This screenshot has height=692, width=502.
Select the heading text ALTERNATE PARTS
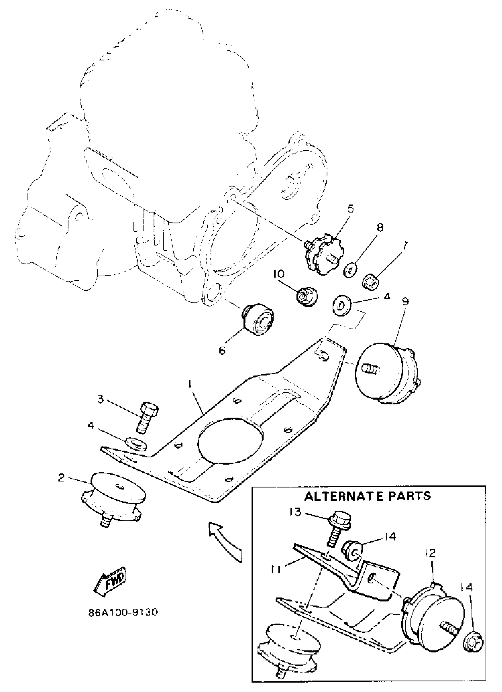click(368, 496)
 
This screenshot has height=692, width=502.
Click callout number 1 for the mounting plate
click(190, 385)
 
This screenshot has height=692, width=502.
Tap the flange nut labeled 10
click(307, 296)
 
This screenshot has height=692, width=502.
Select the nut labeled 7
click(370, 281)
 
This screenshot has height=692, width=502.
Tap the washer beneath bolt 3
click(136, 443)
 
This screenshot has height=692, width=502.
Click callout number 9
click(406, 301)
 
